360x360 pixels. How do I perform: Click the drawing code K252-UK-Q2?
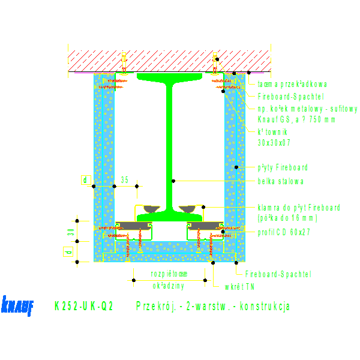(83, 306)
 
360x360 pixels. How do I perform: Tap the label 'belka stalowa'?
(281, 181)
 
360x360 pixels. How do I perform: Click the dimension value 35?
(125, 179)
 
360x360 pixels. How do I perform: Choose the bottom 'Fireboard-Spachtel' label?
(278, 274)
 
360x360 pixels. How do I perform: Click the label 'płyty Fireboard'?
(283, 167)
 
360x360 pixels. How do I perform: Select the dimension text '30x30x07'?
(274, 143)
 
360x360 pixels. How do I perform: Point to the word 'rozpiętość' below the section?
(169, 274)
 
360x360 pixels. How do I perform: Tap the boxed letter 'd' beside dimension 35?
(85, 179)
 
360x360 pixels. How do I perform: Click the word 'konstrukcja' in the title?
(265, 306)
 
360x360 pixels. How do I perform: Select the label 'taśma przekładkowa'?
(292, 85)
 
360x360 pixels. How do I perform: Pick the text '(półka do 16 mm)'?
(287, 218)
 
